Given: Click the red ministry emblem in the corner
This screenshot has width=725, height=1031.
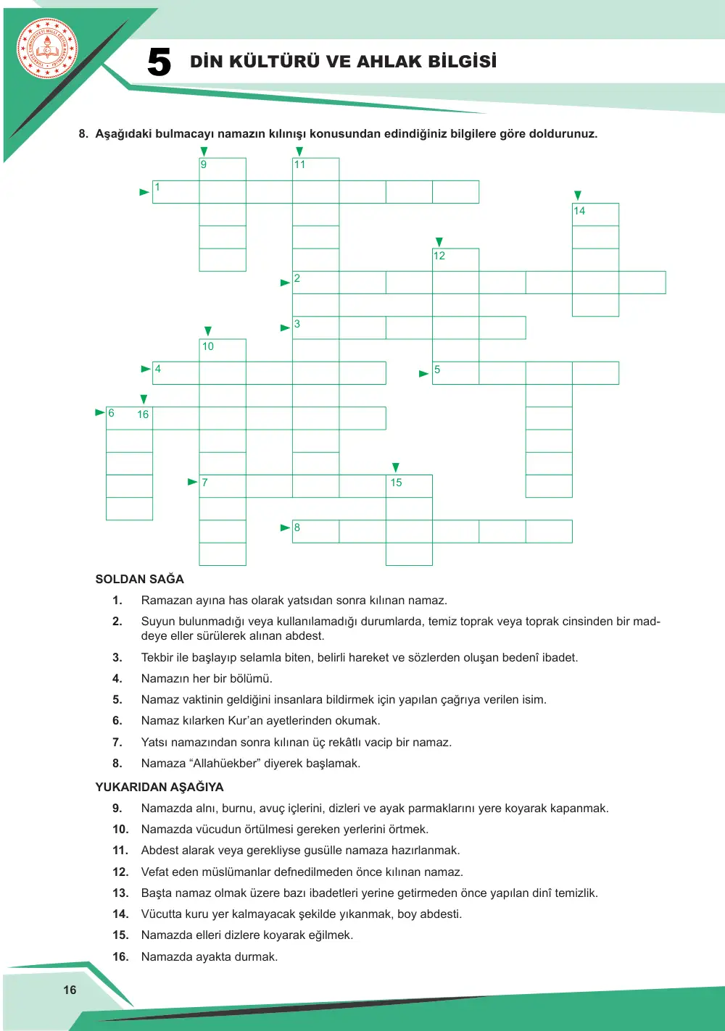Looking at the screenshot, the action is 47,49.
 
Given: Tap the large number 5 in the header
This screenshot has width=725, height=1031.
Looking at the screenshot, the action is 159,62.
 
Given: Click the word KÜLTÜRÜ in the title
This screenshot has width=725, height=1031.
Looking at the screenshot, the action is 275,61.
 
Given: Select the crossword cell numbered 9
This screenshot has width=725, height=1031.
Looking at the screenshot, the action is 223,170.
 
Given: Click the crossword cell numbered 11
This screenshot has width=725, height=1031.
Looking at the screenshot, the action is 316,170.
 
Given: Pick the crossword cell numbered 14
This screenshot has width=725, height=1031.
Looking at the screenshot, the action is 595,214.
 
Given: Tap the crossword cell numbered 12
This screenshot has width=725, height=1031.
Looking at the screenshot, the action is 455,260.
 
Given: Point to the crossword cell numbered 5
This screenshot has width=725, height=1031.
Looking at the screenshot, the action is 455,373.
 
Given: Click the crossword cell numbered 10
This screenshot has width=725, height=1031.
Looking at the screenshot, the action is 223,351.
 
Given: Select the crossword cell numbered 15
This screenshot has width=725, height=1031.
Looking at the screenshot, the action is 409,486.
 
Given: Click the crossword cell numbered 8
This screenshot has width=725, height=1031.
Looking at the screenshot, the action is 316,532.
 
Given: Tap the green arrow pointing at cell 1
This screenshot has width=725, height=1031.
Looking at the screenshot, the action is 144,192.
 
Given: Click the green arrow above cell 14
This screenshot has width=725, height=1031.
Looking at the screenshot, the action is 578,196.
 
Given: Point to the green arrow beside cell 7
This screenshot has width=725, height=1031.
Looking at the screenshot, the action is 193,482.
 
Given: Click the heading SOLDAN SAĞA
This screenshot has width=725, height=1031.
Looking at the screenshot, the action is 140,579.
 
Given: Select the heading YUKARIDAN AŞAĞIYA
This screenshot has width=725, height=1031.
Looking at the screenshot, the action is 159,787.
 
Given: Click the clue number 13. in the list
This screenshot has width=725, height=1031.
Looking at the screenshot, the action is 120,893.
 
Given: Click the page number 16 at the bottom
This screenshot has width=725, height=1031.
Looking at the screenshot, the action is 70,990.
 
